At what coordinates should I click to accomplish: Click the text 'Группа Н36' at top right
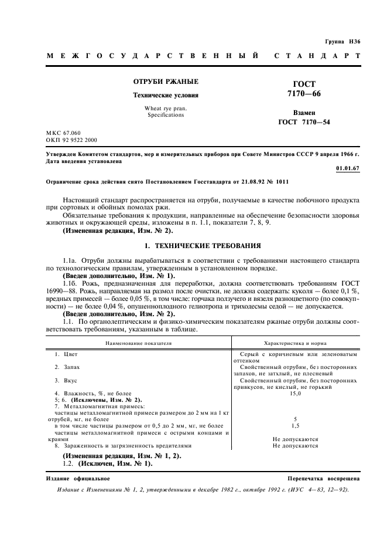click(x=343, y=41)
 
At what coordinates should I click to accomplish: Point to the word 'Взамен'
click(x=304, y=112)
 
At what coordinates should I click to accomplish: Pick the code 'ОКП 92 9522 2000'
click(x=72, y=141)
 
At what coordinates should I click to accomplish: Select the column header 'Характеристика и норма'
click(x=296, y=343)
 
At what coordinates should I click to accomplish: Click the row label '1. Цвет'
click(x=66, y=355)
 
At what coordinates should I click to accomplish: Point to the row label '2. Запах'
click(x=67, y=367)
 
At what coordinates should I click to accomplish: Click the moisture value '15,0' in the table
click(x=296, y=393)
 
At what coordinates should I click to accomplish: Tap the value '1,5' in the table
click(x=296, y=426)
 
